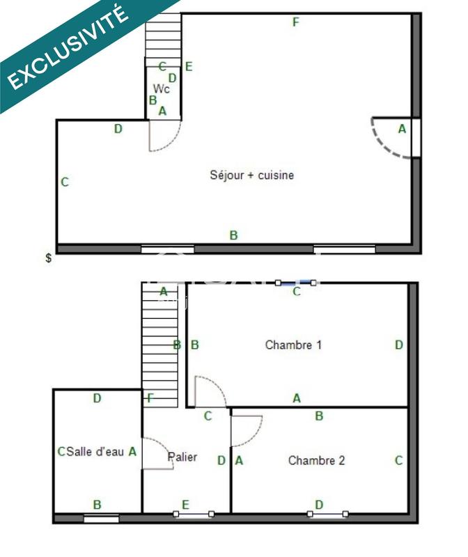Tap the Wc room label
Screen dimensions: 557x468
pyautogui.click(x=162, y=89)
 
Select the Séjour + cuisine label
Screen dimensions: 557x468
pyautogui.click(x=251, y=175)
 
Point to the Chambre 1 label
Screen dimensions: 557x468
pyautogui.click(x=293, y=345)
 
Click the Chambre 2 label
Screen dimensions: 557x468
pyautogui.click(x=316, y=460)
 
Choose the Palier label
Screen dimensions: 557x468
pyautogui.click(x=182, y=457)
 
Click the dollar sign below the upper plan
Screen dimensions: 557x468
pyautogui.click(x=48, y=258)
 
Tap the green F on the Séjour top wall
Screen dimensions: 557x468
pyautogui.click(x=296, y=22)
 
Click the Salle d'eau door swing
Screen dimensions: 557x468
pyautogui.click(x=159, y=454)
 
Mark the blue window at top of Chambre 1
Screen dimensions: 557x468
pyautogui.click(x=296, y=283)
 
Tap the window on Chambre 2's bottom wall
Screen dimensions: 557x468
pyautogui.click(x=328, y=515)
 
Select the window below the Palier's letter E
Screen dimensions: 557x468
pyautogui.click(x=194, y=515)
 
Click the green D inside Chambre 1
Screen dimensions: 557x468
pyautogui.click(x=398, y=345)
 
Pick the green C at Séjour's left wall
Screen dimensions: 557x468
pyautogui.click(x=64, y=182)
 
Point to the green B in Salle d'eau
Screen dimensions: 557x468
pyautogui.click(x=97, y=505)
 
